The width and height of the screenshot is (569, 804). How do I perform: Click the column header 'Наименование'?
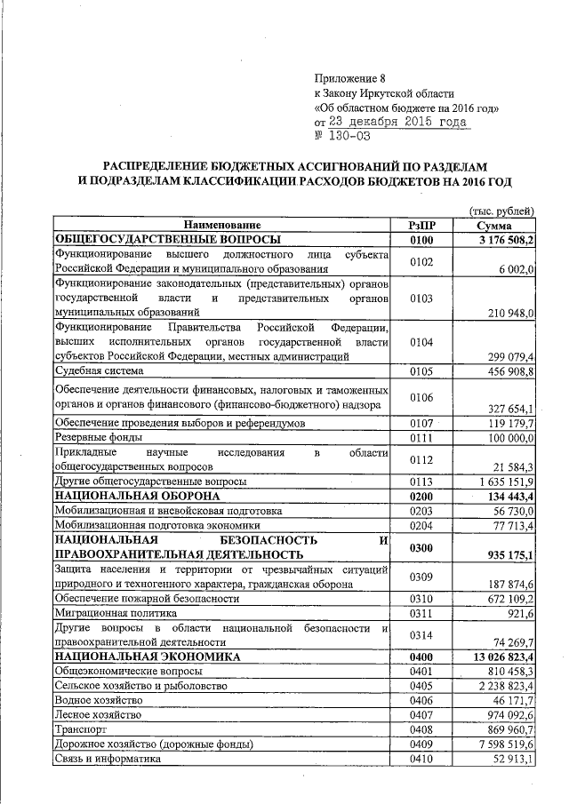(x=223, y=226)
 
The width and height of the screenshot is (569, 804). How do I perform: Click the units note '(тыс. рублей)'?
(x=501, y=211)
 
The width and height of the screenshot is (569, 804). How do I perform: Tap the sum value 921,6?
(x=519, y=612)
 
